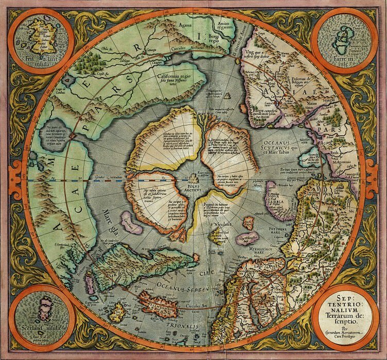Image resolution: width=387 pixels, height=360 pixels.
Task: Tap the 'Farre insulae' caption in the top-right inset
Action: point(346,64)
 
